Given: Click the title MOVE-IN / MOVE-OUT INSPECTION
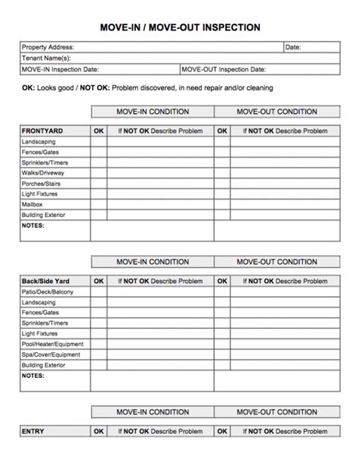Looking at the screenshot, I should click(x=180, y=27).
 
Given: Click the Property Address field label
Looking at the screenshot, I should click(x=48, y=47).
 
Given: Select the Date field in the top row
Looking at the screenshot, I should click(x=293, y=47).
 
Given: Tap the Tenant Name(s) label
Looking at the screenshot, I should click(x=46, y=58).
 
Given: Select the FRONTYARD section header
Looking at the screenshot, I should click(x=43, y=131).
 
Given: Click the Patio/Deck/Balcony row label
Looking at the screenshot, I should click(x=48, y=291).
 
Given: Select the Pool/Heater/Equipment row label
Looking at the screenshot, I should click(x=52, y=344).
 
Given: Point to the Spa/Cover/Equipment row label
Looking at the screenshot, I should click(x=52, y=354).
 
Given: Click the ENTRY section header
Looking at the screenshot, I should click(x=33, y=431).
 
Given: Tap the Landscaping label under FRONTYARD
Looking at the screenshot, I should click(x=39, y=142).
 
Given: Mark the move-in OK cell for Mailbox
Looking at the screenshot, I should click(x=99, y=204).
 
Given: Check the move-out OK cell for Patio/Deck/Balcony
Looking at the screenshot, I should click(x=222, y=291).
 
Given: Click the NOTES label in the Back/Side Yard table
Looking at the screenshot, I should click(x=33, y=375).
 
